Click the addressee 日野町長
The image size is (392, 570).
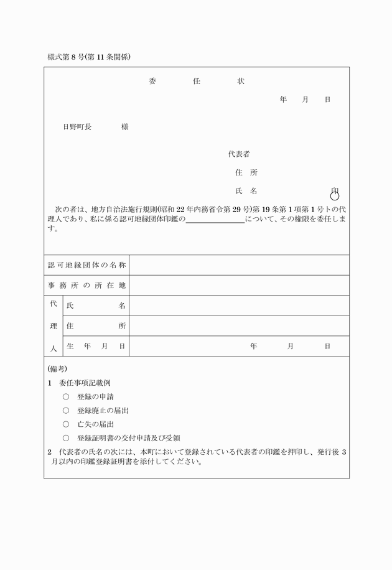pyautogui.click(x=77, y=126)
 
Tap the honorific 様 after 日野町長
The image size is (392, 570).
pyautogui.click(x=125, y=126)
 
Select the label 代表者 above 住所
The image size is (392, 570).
pyautogui.click(x=239, y=154)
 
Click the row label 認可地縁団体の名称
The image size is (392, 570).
pyautogui.click(x=87, y=265)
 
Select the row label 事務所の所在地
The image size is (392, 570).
pyautogui.click(x=87, y=286)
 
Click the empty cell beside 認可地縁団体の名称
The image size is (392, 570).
pyautogui.click(x=239, y=265)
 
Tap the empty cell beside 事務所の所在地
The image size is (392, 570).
pyautogui.click(x=239, y=286)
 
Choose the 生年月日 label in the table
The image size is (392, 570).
pyautogui.click(x=96, y=346)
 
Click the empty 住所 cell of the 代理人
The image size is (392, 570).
pyautogui.click(x=239, y=325)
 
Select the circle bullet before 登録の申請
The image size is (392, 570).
pyautogui.click(x=66, y=396)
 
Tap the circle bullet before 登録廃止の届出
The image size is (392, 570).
pyautogui.click(x=66, y=410)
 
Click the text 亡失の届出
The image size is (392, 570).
pyautogui.click(x=95, y=424)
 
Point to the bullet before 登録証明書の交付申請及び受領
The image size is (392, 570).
pyautogui.click(x=66, y=437)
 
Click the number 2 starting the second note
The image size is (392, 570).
pyautogui.click(x=50, y=452)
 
